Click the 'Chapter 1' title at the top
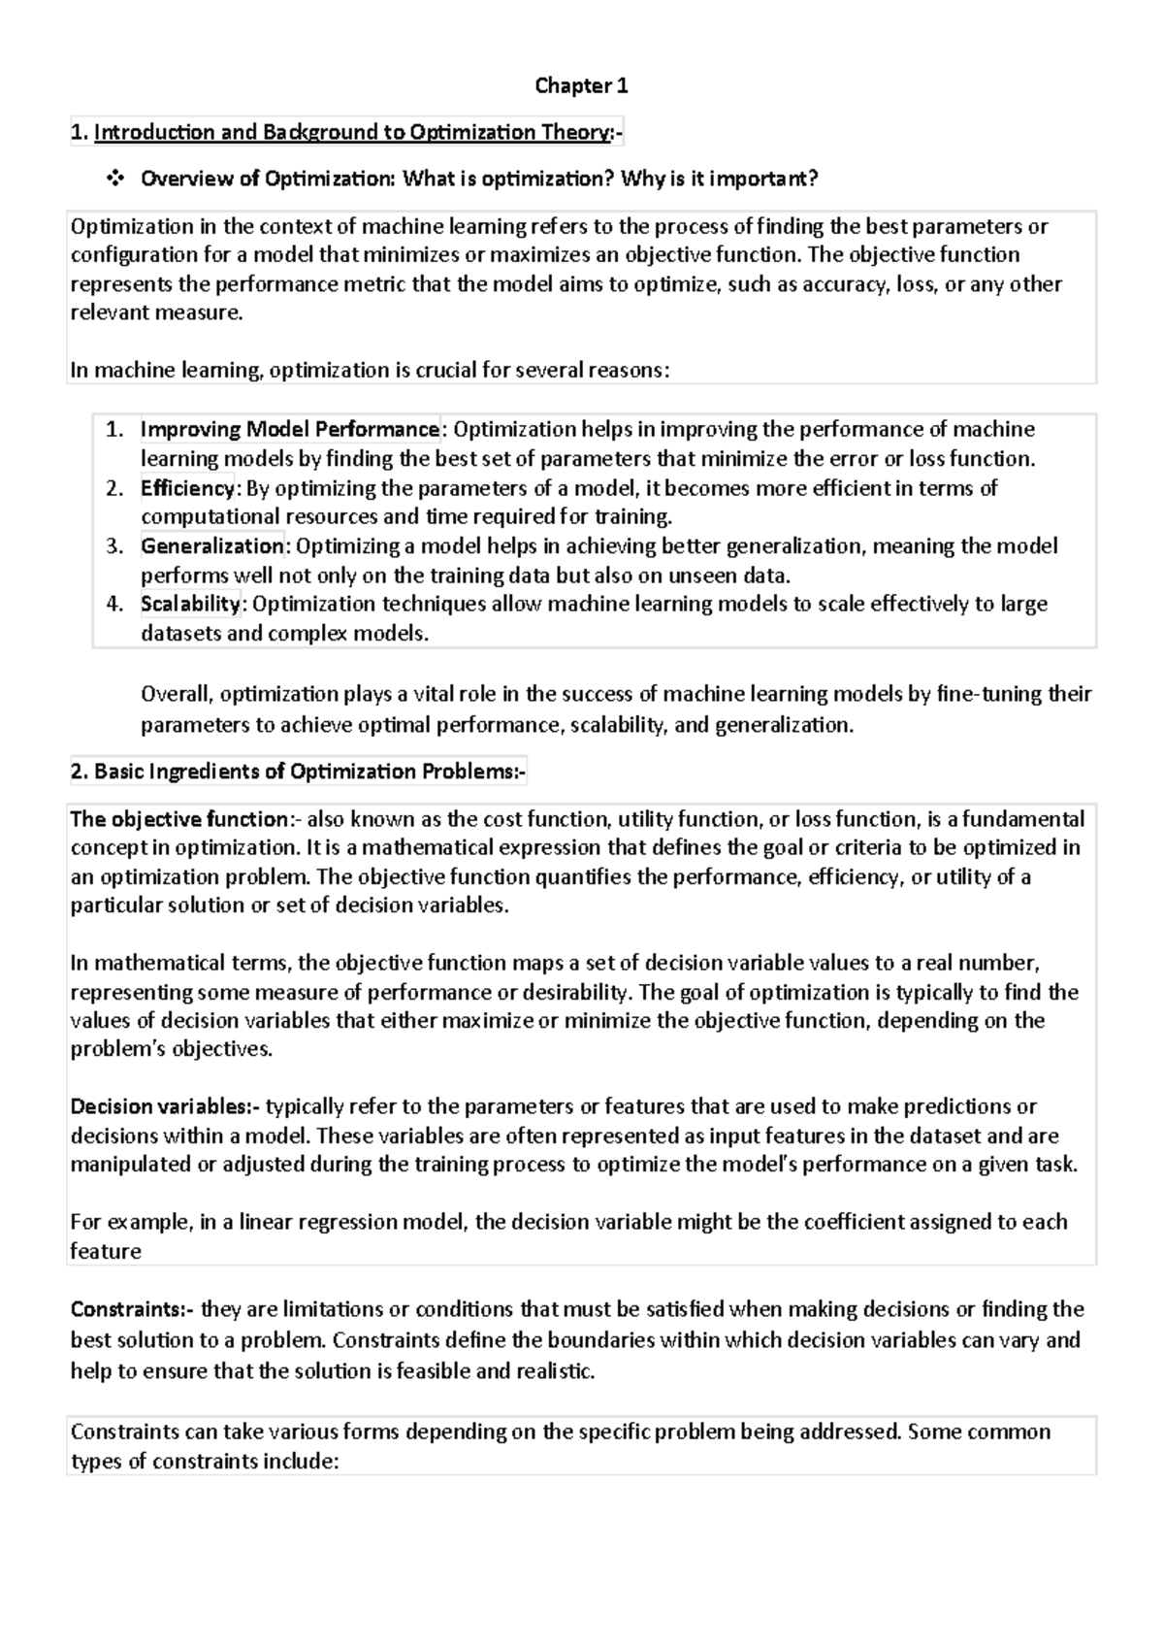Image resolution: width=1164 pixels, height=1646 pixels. point(581,86)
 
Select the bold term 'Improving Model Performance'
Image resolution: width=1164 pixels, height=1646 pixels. point(290,429)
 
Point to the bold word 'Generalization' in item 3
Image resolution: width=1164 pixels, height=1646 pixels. point(211,545)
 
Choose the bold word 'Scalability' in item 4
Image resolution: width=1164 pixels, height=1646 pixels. point(190,604)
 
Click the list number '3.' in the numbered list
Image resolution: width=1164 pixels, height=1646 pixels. point(115,545)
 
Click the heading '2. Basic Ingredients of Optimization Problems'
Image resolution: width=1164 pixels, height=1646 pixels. point(298,772)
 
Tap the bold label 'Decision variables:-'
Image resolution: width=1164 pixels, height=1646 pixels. point(165,1106)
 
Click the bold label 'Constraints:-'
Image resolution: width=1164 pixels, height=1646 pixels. point(132,1309)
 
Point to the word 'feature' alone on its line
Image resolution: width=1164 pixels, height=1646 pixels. point(106,1251)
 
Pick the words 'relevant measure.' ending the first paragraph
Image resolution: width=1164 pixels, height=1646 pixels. point(155,313)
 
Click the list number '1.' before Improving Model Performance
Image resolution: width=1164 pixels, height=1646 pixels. point(115,429)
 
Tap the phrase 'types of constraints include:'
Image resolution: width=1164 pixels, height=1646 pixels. point(205,1462)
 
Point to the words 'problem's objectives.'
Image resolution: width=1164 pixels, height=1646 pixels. point(172,1049)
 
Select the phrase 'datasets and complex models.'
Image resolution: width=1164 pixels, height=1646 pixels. point(284,634)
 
